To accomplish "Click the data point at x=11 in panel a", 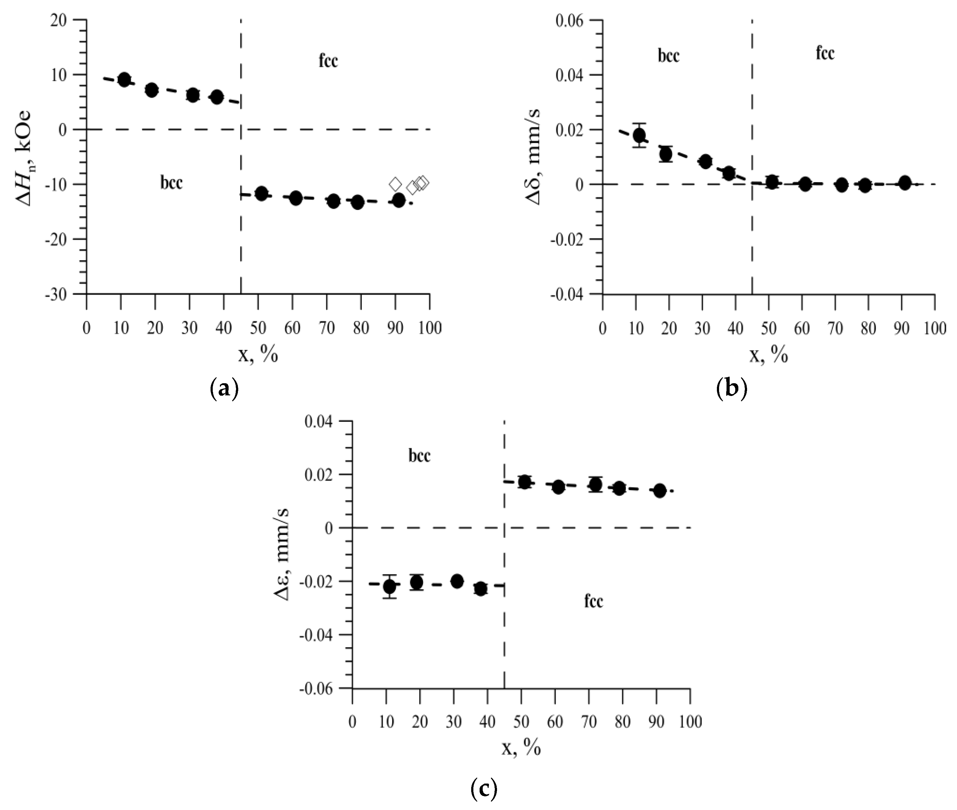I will coord(124,79).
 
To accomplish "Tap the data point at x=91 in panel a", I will coord(399,200).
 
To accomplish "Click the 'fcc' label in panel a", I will coord(328,61).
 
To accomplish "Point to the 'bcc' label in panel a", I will coord(171,183).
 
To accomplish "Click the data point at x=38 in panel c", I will coord(481,589).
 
